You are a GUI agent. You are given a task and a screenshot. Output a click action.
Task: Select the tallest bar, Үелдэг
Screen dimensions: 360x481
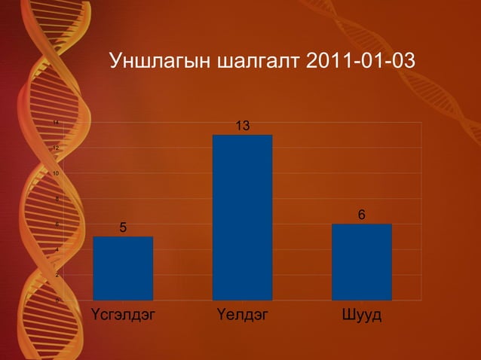[x=242, y=218]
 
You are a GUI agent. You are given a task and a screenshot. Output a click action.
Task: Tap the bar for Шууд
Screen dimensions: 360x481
[x=361, y=262]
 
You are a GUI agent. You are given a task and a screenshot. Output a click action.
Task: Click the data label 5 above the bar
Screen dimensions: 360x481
[x=123, y=227]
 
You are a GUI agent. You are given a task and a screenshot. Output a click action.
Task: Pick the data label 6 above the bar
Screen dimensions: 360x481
[x=362, y=215]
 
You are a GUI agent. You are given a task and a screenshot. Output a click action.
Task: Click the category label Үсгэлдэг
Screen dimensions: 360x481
[x=123, y=313]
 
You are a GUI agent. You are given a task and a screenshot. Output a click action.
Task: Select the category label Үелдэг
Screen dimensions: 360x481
[x=242, y=313]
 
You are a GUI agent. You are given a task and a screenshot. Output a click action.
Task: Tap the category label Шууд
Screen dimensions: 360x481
[x=361, y=313]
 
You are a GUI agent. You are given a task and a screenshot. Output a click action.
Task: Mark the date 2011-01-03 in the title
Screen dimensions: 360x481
[x=361, y=60]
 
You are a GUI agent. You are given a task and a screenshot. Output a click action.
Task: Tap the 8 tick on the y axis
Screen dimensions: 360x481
[x=57, y=199]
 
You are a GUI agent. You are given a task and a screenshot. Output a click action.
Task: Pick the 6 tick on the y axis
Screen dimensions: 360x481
[x=57, y=224]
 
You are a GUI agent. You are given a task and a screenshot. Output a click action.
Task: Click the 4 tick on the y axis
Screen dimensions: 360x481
[x=57, y=250]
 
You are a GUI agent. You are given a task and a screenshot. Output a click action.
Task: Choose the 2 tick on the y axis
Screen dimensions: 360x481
[x=57, y=275]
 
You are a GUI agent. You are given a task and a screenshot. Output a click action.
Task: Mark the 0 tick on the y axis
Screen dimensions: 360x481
[x=57, y=301]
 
